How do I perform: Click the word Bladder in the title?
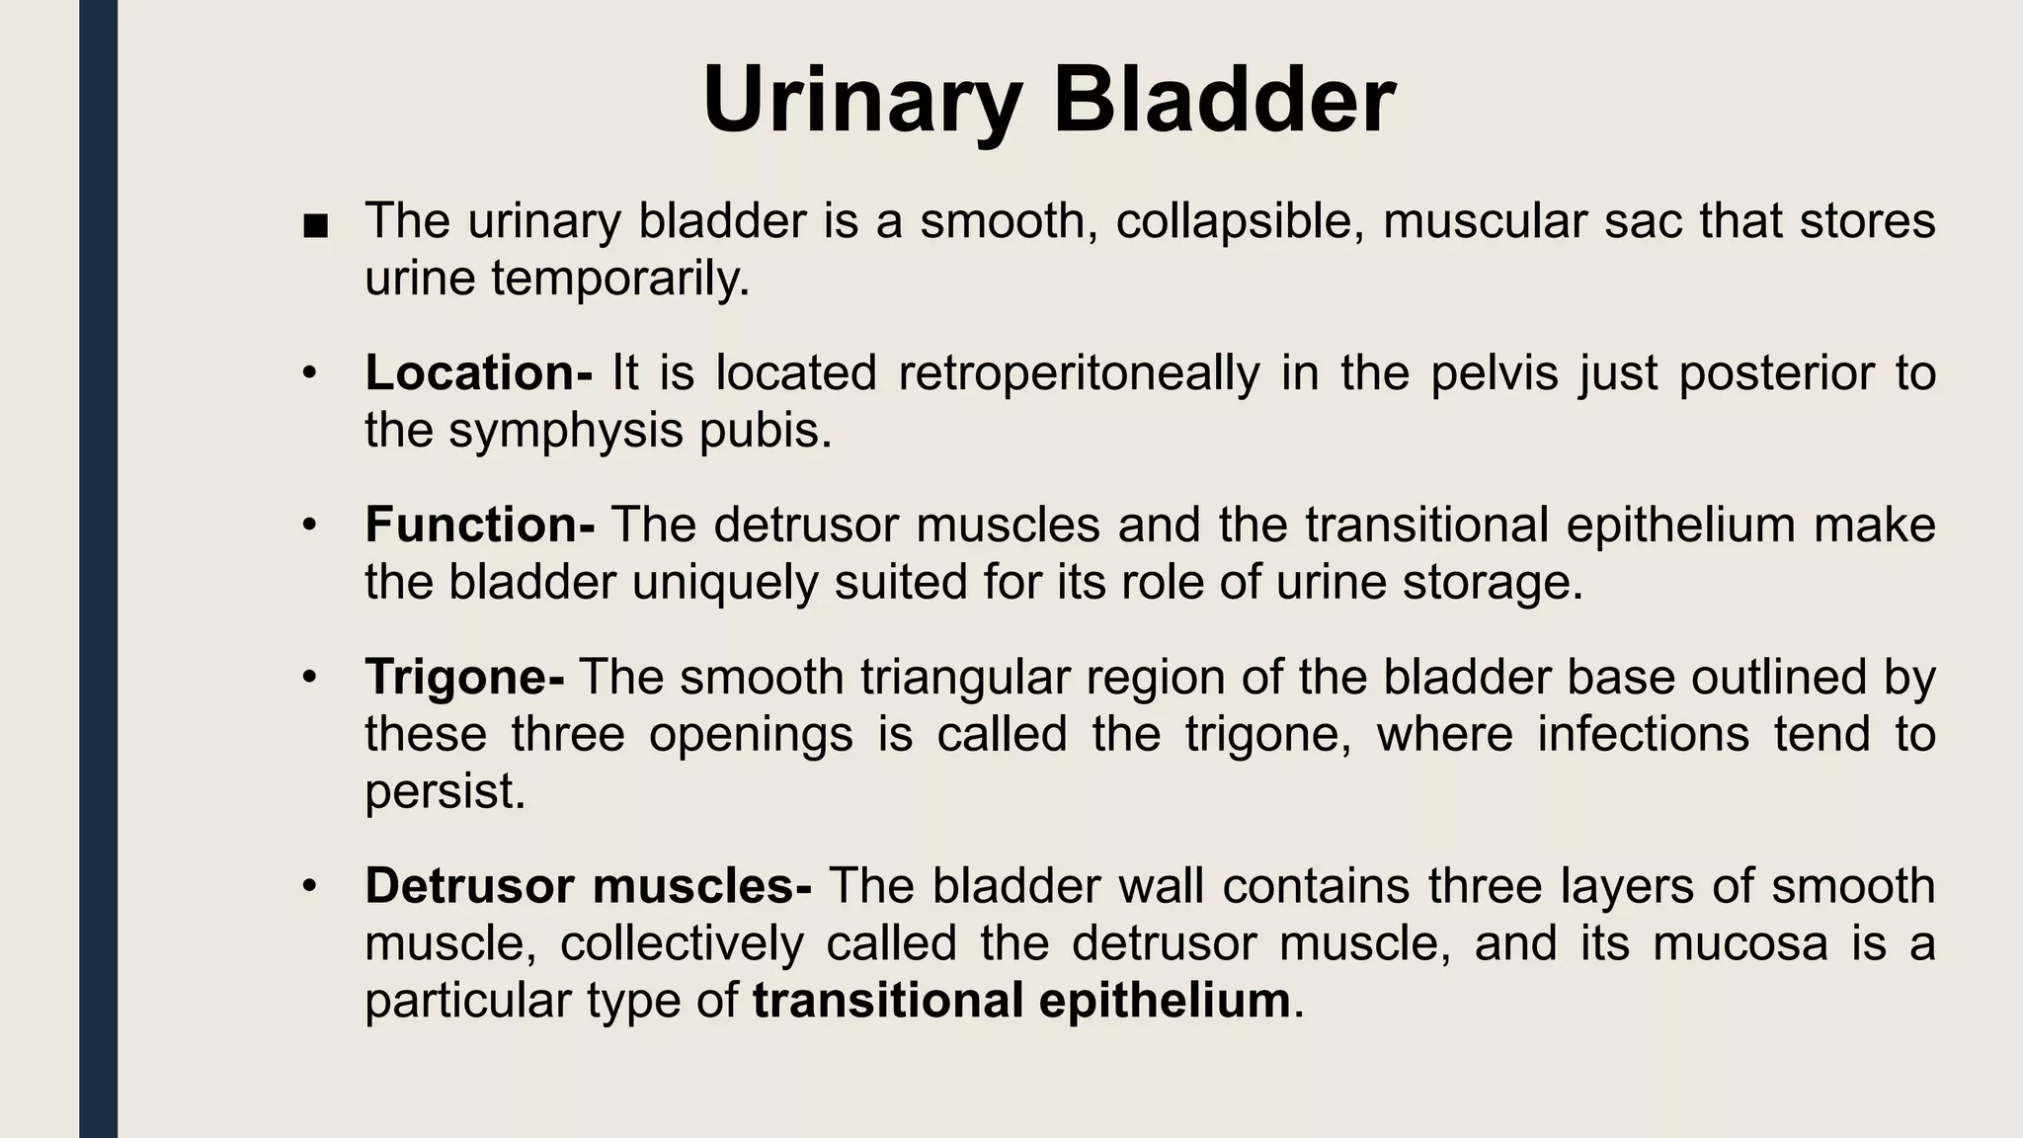[x=1224, y=101]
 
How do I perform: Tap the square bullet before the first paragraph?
[x=315, y=228]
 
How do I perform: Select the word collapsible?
[x=1240, y=221]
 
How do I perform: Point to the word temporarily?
[x=619, y=279]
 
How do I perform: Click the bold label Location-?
[x=478, y=373]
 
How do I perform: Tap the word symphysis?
[x=565, y=431]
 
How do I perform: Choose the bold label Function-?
[x=479, y=525]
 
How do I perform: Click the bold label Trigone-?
[x=464, y=678]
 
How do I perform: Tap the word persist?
[x=444, y=791]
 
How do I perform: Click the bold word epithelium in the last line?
[x=1165, y=1001]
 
